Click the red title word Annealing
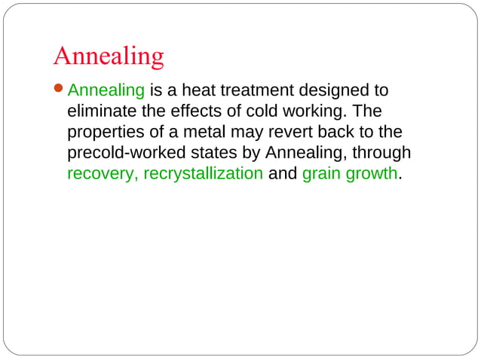(109, 56)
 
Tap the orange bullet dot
(60, 91)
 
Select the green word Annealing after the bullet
(106, 92)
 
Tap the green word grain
(321, 174)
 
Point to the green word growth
(371, 174)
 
